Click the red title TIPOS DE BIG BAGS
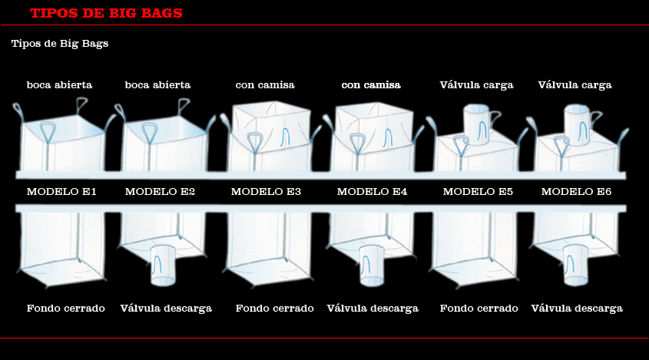tap(106, 13)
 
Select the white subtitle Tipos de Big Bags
tap(60, 44)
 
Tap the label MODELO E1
tap(61, 192)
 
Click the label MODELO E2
tap(160, 192)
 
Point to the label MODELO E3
tap(266, 192)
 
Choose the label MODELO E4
tap(372, 192)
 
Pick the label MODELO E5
tap(478, 192)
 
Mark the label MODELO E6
tap(576, 192)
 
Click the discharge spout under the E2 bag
tap(163, 266)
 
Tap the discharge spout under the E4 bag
tap(372, 266)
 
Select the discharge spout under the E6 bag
tap(576, 266)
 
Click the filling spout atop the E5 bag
tap(476, 124)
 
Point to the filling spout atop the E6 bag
tap(577, 124)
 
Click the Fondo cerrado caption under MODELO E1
tap(66, 309)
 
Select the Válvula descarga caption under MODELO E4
tap(373, 309)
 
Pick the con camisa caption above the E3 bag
tap(265, 85)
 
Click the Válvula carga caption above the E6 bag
tap(575, 85)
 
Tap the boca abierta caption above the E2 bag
tap(157, 85)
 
